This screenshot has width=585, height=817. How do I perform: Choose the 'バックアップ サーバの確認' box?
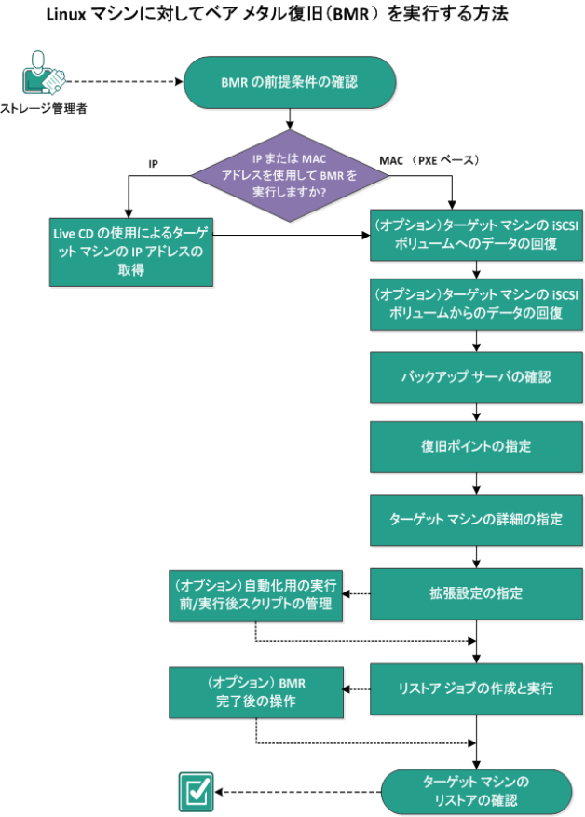(476, 377)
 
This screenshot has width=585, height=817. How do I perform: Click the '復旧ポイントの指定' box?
(476, 445)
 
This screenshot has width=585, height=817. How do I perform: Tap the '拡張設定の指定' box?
(476, 592)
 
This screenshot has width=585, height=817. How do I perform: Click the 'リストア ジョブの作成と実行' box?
(476, 688)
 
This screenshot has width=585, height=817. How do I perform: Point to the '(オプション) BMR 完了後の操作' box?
(253, 691)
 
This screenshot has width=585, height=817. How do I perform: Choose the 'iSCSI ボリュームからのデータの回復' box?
(476, 307)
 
